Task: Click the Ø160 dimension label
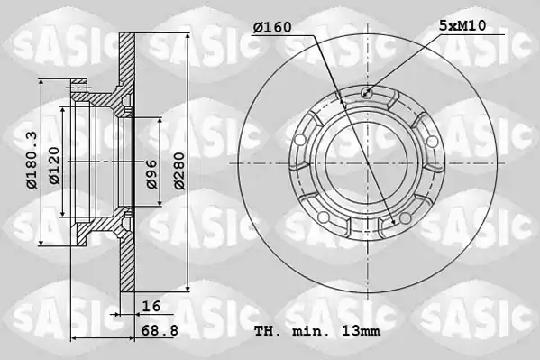coord(272,27)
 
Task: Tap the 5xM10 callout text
coord(462,25)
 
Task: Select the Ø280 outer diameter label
coord(179,171)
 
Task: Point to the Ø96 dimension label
coord(151,174)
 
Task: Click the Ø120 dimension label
coord(54,165)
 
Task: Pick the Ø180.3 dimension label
coord(32,161)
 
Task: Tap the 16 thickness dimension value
coord(151,306)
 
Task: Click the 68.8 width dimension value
coord(160,331)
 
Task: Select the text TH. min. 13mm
coord(317,331)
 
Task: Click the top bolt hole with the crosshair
coord(367,92)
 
